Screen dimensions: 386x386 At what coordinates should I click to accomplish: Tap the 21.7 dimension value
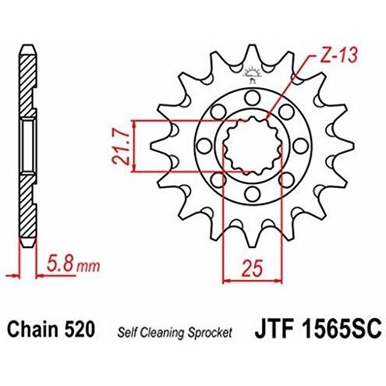[121, 147]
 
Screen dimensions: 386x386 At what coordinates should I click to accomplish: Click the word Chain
[31, 329]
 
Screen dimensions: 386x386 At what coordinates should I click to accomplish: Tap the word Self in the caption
[124, 332]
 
